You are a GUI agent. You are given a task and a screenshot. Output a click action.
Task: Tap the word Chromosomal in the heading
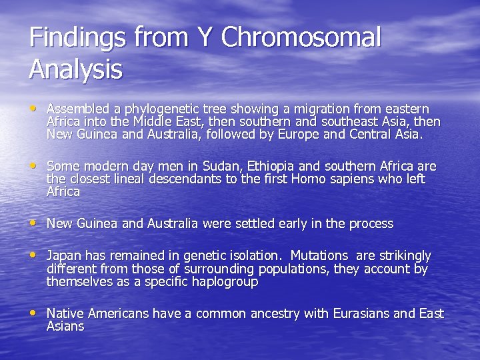pos(301,38)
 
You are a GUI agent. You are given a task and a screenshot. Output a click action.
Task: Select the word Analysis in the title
pos(75,69)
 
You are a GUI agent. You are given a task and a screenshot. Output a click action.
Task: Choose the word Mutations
pos(319,256)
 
